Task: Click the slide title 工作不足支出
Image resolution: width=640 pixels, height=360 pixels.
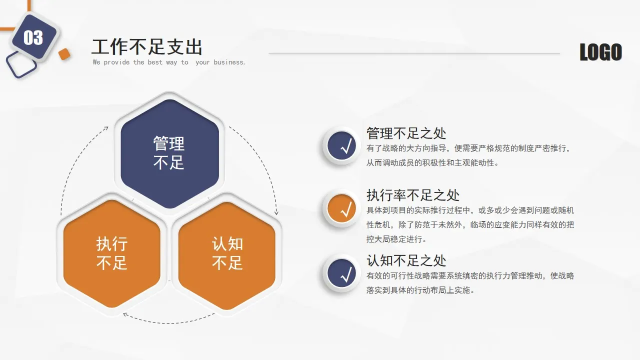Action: click(x=147, y=47)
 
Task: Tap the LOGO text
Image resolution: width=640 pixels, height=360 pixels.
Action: click(x=600, y=52)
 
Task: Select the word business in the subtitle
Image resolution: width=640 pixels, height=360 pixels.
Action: click(x=228, y=62)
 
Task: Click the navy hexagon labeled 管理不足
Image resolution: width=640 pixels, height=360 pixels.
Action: click(x=169, y=153)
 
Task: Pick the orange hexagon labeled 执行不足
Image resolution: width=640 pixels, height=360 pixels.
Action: click(x=112, y=253)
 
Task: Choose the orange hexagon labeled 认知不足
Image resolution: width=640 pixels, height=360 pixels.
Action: click(x=227, y=253)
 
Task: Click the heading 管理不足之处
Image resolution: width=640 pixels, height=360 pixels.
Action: click(x=406, y=133)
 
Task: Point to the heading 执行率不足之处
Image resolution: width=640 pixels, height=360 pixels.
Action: click(x=412, y=195)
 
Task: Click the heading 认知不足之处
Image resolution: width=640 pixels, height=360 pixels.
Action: click(x=406, y=260)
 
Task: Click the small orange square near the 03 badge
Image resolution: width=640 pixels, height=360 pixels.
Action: click(x=64, y=54)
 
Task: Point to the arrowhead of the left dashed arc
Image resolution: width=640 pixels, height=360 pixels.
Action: click(x=106, y=128)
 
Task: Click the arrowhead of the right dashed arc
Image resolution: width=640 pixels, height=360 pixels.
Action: click(x=275, y=212)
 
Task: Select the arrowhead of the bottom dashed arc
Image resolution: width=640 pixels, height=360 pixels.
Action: click(x=125, y=314)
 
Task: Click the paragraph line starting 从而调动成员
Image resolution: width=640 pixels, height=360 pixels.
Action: click(x=432, y=162)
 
